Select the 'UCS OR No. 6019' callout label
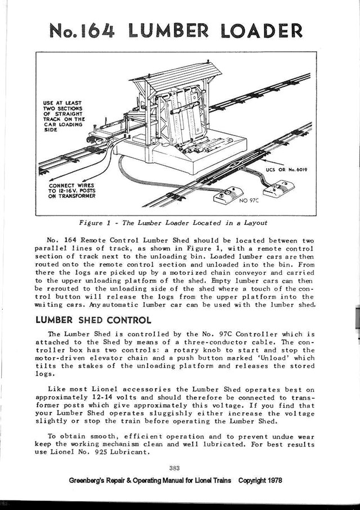point(289,169)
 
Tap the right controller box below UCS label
point(283,190)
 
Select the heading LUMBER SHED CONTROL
point(93,321)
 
